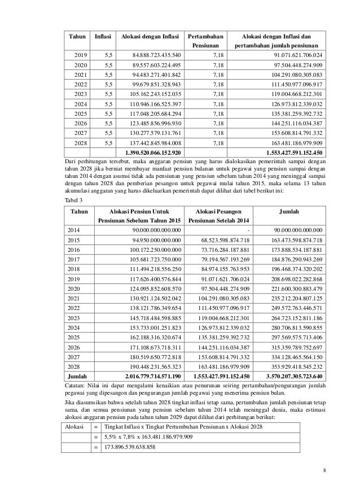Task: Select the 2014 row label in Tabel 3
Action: (x=74, y=230)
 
